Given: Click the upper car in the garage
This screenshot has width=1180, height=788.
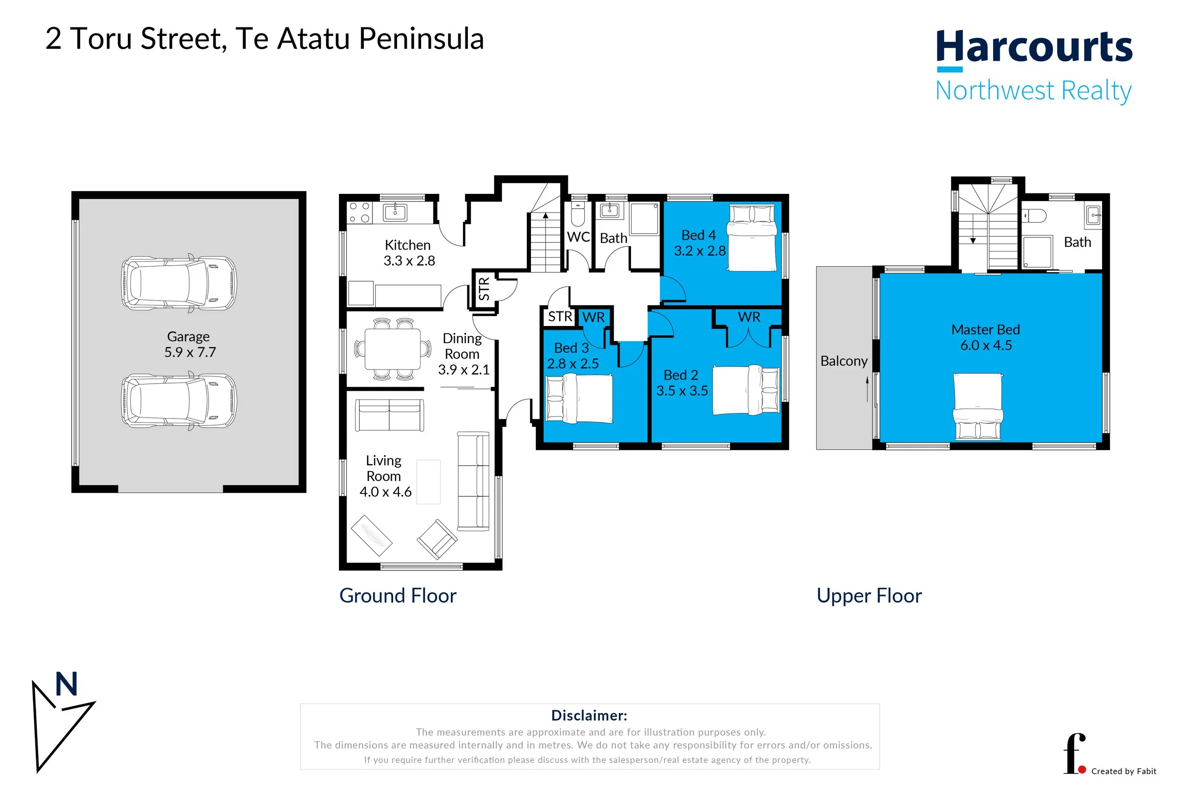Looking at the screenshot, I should (x=178, y=283).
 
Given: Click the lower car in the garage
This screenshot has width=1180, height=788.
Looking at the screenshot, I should (x=178, y=401).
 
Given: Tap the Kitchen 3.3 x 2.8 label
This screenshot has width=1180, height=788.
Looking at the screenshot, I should (x=409, y=253).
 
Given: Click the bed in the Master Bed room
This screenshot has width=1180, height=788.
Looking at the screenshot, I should (x=978, y=407).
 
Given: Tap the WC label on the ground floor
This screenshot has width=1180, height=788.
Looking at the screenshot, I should (x=578, y=237).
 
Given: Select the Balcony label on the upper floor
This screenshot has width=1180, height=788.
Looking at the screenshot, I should (x=843, y=361).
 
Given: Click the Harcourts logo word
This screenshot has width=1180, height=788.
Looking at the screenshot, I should (x=1033, y=47).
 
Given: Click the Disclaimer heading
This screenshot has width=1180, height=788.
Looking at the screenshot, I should (x=589, y=715).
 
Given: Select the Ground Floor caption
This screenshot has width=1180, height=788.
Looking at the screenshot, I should (x=397, y=595).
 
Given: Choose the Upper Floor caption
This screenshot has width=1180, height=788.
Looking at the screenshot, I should (x=869, y=595).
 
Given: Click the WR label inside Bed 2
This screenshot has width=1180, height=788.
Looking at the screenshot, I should (x=749, y=317).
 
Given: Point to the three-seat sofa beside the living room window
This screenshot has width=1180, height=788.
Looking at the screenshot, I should (x=473, y=481).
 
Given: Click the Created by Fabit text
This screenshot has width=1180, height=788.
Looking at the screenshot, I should (x=1123, y=771).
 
